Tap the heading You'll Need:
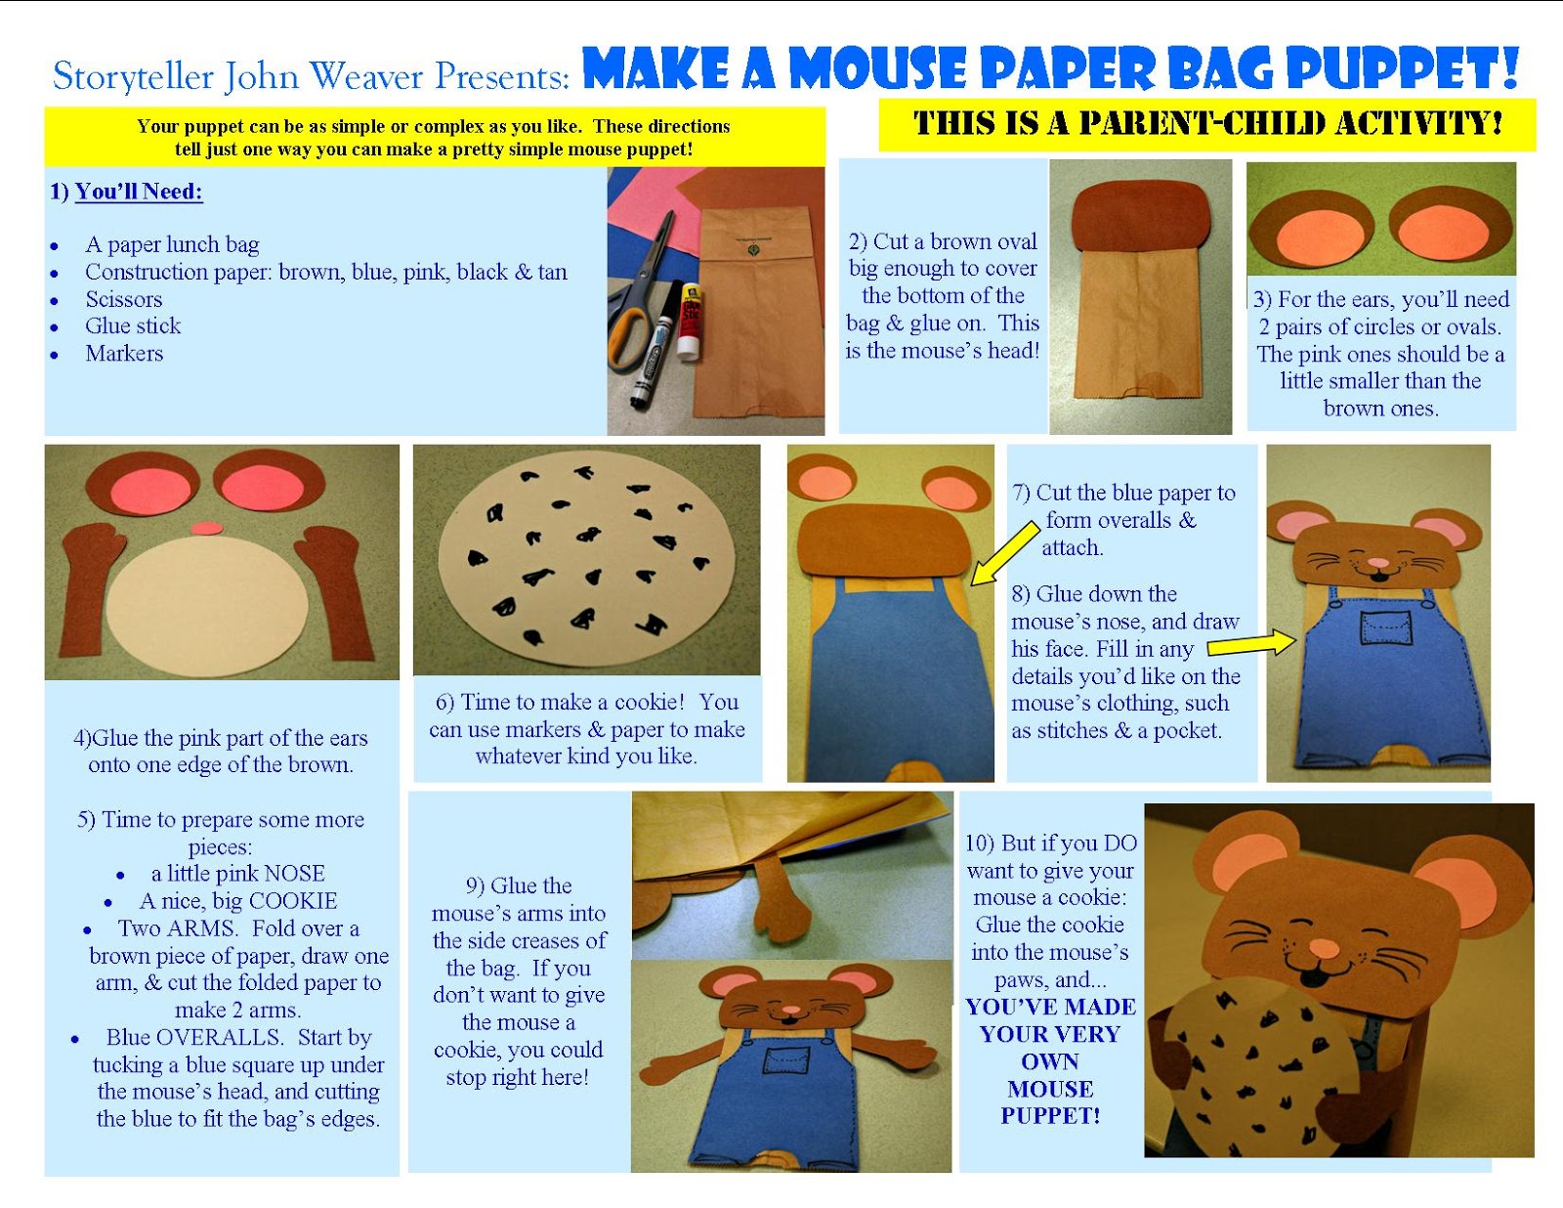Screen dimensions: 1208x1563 (x=138, y=192)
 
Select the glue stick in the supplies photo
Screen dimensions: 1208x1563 (x=691, y=323)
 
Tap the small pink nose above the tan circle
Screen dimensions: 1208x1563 (x=206, y=529)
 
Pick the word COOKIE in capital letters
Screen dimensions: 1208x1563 (x=289, y=901)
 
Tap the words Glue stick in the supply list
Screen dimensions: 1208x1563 (x=133, y=326)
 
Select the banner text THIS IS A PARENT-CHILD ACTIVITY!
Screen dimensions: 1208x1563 (x=1207, y=124)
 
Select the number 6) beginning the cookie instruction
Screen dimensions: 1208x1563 (x=445, y=703)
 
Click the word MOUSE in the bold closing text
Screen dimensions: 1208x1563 (x=1050, y=1089)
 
